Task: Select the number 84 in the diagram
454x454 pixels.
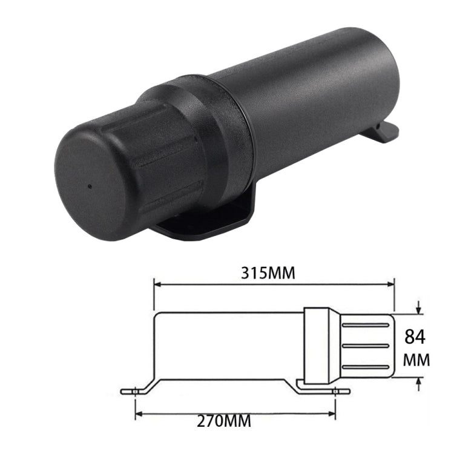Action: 416,337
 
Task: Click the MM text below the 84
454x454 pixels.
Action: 416,360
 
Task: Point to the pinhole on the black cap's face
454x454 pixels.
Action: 90,186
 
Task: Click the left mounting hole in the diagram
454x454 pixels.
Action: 136,391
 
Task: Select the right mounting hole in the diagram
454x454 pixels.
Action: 335,391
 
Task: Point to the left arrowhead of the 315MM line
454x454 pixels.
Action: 158,283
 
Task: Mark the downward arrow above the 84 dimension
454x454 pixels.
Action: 419,309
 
